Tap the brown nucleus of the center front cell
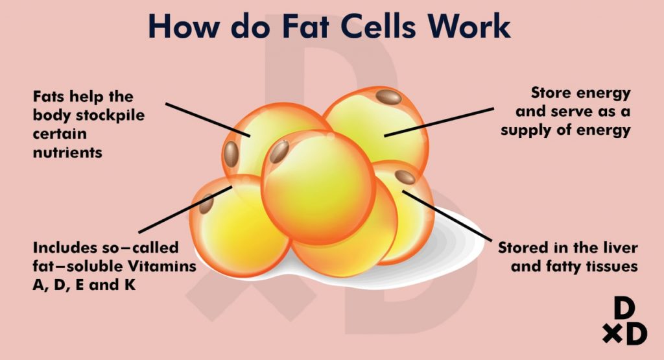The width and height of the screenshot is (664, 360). pyautogui.click(x=279, y=152)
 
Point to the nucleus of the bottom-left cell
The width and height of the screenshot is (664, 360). pyautogui.click(x=207, y=203)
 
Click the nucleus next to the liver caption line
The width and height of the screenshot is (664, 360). pyautogui.click(x=405, y=177)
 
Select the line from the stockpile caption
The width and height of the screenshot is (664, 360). pyautogui.click(x=207, y=119)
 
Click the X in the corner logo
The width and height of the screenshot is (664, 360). pyautogui.click(x=610, y=334)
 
